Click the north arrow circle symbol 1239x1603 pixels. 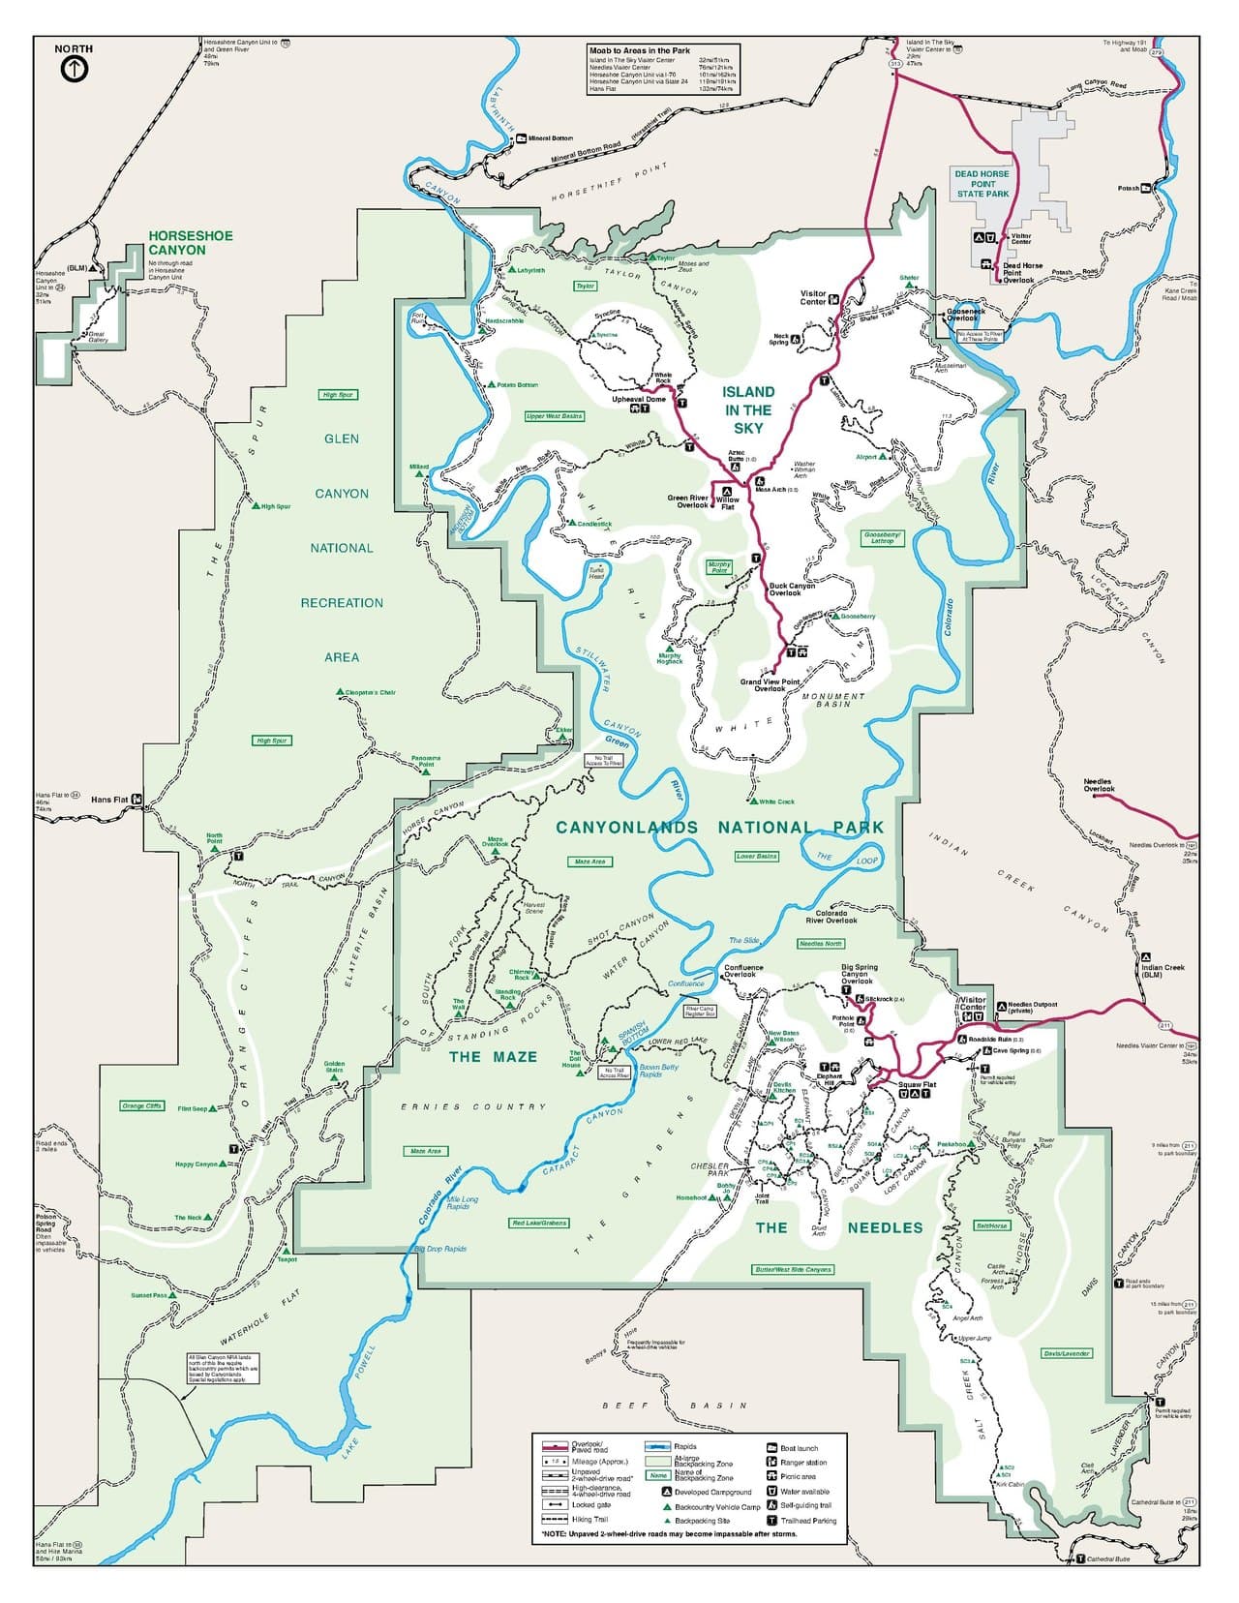tap(74, 69)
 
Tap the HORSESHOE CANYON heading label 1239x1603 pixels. tap(176, 242)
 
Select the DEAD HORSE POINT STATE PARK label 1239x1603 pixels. tap(982, 184)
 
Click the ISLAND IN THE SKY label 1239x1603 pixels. tap(748, 409)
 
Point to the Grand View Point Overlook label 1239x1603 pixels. tap(770, 685)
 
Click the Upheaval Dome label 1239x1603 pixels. tap(639, 399)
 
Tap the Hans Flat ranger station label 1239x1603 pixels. tap(109, 801)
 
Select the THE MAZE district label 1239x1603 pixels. tap(493, 1057)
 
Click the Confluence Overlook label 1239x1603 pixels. tap(743, 971)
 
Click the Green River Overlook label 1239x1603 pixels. tap(687, 501)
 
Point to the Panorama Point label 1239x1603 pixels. tap(426, 761)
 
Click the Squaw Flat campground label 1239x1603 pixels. tap(917, 1085)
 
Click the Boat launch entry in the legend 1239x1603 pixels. tap(799, 1448)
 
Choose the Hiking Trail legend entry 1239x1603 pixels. tap(589, 1520)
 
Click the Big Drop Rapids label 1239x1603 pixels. tap(441, 1249)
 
